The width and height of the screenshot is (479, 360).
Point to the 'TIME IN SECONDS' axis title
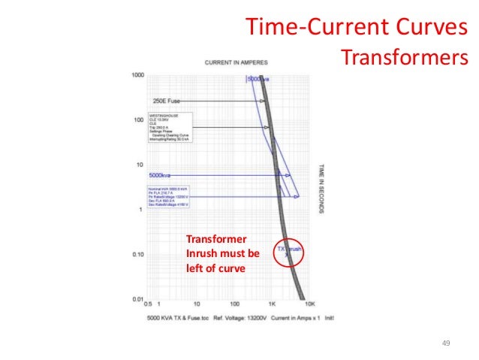coord(321,187)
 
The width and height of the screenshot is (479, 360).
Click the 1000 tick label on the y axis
coord(137,75)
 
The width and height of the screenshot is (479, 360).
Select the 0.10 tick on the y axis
coord(137,255)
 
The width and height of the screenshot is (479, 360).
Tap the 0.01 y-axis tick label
coord(137,300)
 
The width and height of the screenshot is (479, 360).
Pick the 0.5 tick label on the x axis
coord(149,305)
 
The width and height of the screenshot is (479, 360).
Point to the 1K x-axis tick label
coord(273,305)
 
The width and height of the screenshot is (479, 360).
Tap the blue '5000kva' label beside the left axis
coord(164,175)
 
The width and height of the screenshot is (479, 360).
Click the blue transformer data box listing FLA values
coord(170,196)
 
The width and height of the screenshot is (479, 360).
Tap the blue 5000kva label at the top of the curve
coord(258,79)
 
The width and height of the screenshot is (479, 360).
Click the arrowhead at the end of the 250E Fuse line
coord(263,101)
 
